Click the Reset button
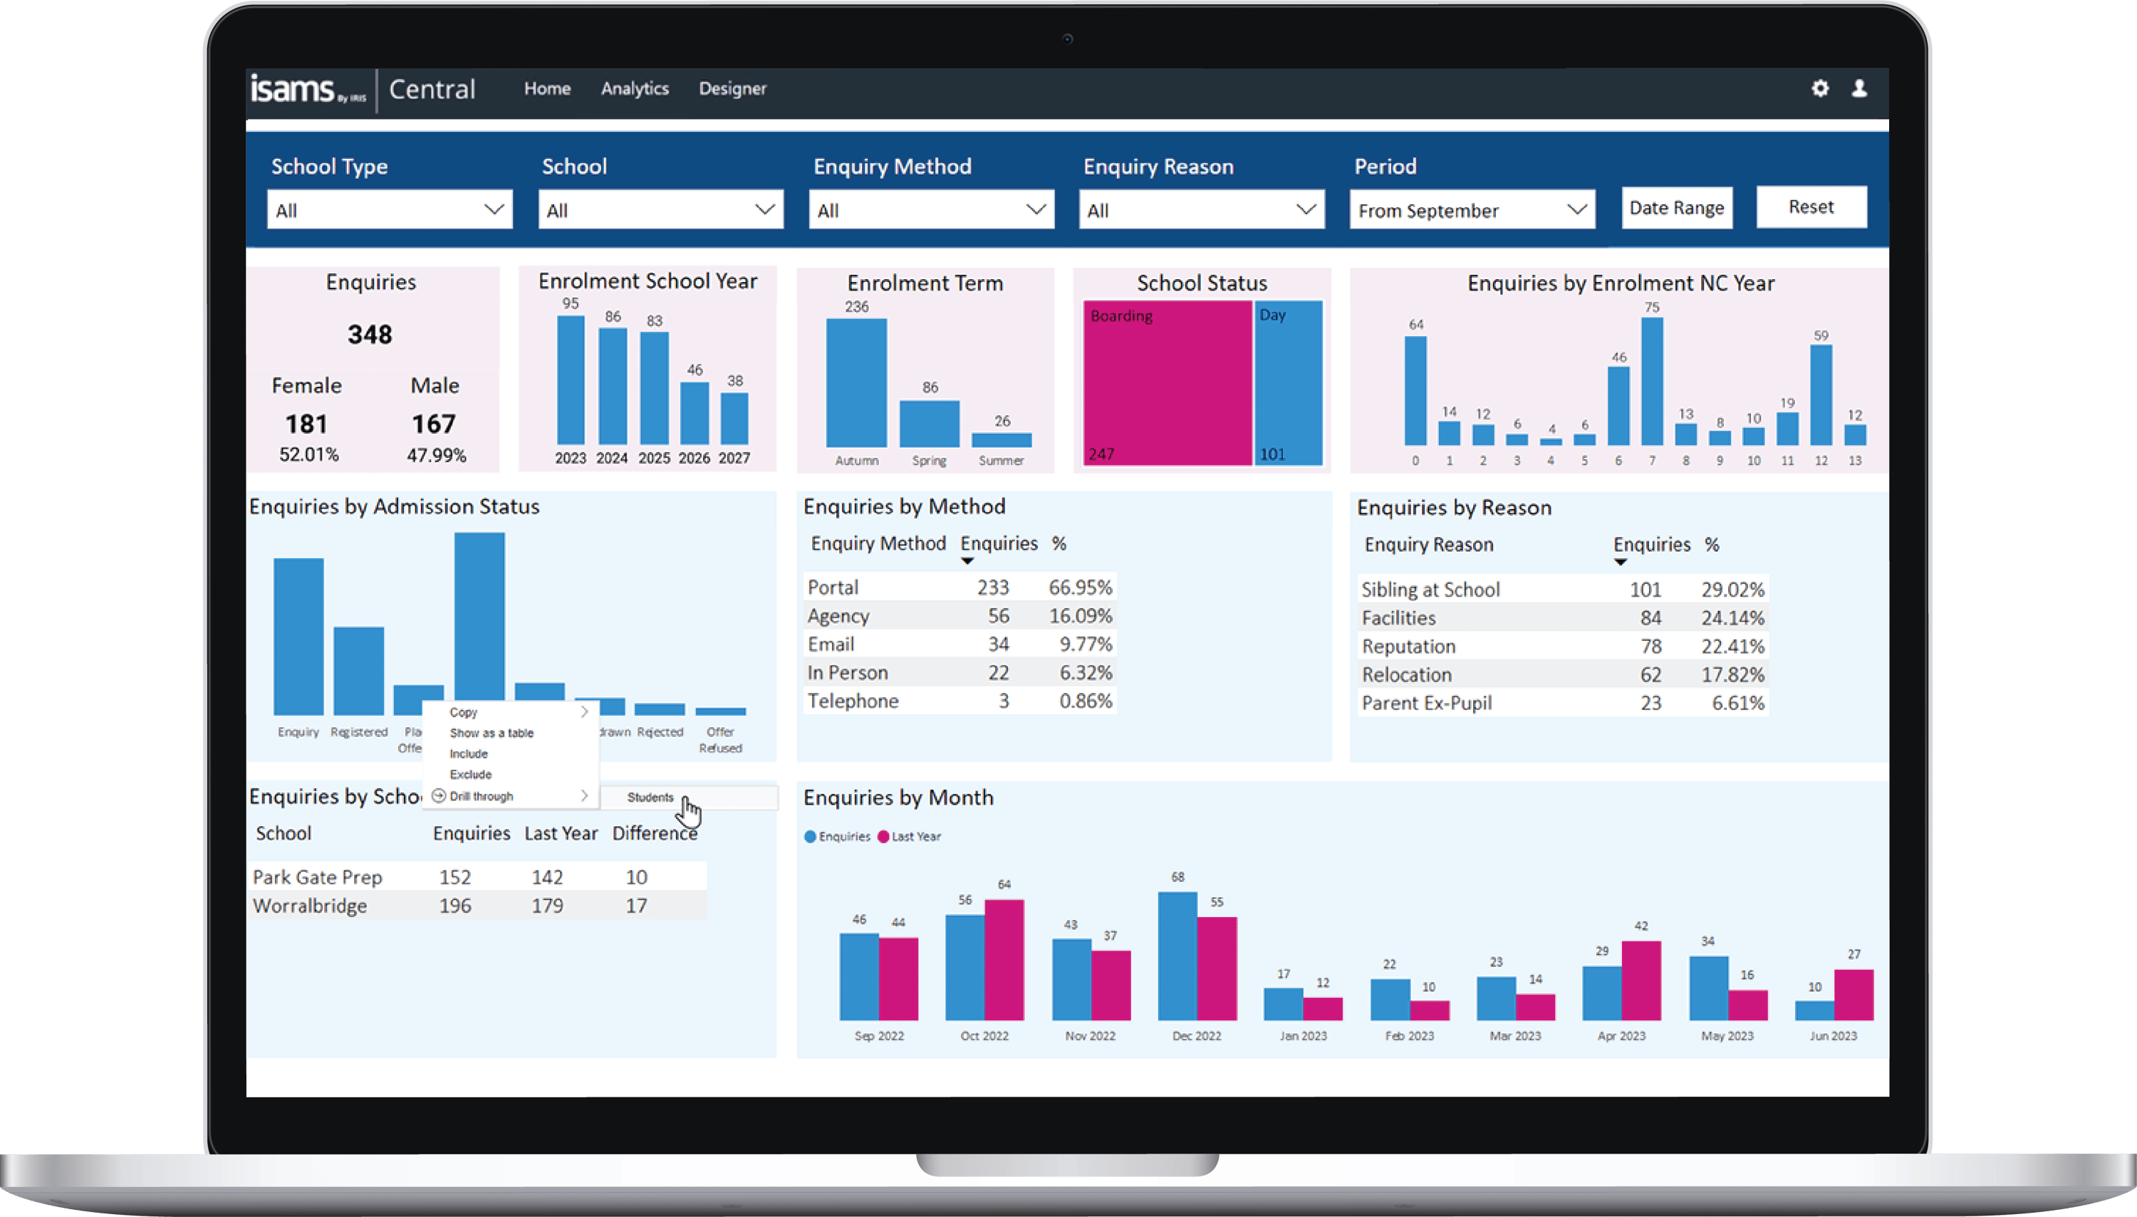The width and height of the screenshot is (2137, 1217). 1811,207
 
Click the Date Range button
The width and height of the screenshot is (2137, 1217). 1676,207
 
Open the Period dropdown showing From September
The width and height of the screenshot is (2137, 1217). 1472,210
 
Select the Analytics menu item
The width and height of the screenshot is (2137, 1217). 635,88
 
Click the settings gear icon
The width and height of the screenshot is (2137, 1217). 1820,88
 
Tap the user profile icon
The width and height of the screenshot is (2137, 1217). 1859,88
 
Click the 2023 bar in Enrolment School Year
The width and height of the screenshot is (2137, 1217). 571,380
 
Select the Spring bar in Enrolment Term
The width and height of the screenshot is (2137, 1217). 929,424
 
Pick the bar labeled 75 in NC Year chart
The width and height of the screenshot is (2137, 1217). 1651,380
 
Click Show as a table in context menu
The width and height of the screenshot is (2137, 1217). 492,733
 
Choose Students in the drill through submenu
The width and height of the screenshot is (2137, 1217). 650,798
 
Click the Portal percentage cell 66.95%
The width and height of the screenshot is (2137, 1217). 1079,587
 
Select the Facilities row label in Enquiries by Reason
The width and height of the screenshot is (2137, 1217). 1399,619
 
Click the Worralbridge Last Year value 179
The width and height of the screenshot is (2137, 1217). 548,906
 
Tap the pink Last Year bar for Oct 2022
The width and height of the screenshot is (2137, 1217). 1004,959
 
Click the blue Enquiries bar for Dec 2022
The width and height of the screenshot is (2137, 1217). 1177,956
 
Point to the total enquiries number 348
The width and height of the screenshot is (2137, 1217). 370,335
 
